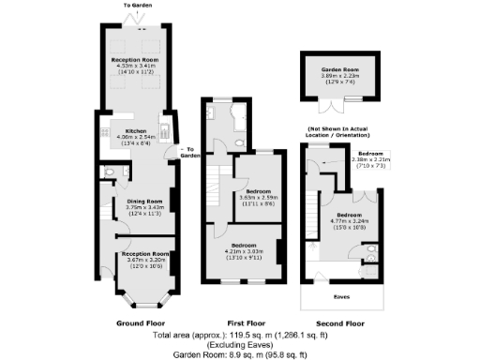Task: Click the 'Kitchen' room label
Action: tap(137, 130)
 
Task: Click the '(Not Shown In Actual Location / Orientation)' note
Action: tap(342, 132)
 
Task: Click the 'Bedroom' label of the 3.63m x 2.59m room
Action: tap(256, 188)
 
